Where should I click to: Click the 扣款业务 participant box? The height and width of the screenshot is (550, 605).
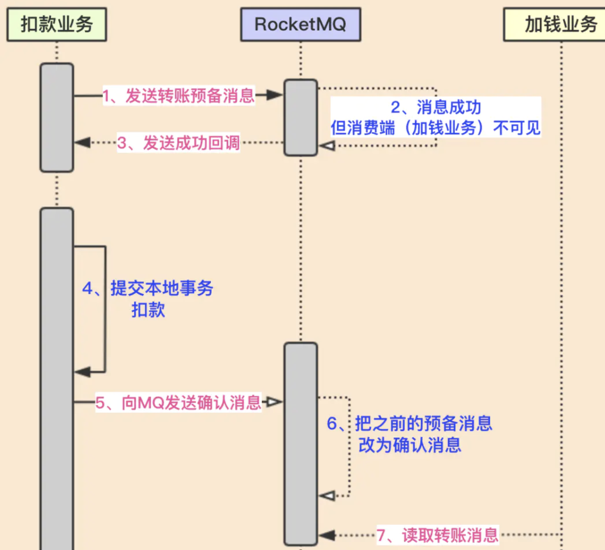[x=57, y=24]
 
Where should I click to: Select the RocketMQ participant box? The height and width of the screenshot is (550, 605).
[x=300, y=24]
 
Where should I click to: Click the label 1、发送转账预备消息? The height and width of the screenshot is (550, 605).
[x=178, y=96]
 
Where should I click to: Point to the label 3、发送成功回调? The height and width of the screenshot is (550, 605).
[x=178, y=143]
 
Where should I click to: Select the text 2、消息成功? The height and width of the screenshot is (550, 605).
[x=436, y=108]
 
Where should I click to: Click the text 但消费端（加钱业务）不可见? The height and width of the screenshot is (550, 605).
[x=436, y=128]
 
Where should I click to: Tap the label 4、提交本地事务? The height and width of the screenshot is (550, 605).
[x=148, y=288]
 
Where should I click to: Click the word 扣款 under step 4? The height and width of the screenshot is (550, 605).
[x=148, y=310]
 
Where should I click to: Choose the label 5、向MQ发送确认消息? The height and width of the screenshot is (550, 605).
[x=178, y=403]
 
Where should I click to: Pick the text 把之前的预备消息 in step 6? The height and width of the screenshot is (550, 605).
[x=423, y=424]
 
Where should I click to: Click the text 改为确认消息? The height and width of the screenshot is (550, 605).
[x=410, y=445]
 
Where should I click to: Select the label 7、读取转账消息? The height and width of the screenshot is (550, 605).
[x=438, y=535]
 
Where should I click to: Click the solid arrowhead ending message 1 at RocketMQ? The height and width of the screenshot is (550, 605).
[x=275, y=95]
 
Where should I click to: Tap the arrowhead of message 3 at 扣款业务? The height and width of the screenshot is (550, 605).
[x=83, y=143]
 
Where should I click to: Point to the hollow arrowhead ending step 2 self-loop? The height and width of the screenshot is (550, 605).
[x=327, y=146]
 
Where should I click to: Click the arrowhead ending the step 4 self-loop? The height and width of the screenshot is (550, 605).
[x=83, y=372]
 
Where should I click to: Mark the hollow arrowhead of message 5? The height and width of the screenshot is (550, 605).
[x=274, y=402]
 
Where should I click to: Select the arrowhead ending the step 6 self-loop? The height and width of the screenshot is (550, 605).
[x=327, y=496]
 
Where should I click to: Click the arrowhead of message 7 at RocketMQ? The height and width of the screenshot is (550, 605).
[x=327, y=535]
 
